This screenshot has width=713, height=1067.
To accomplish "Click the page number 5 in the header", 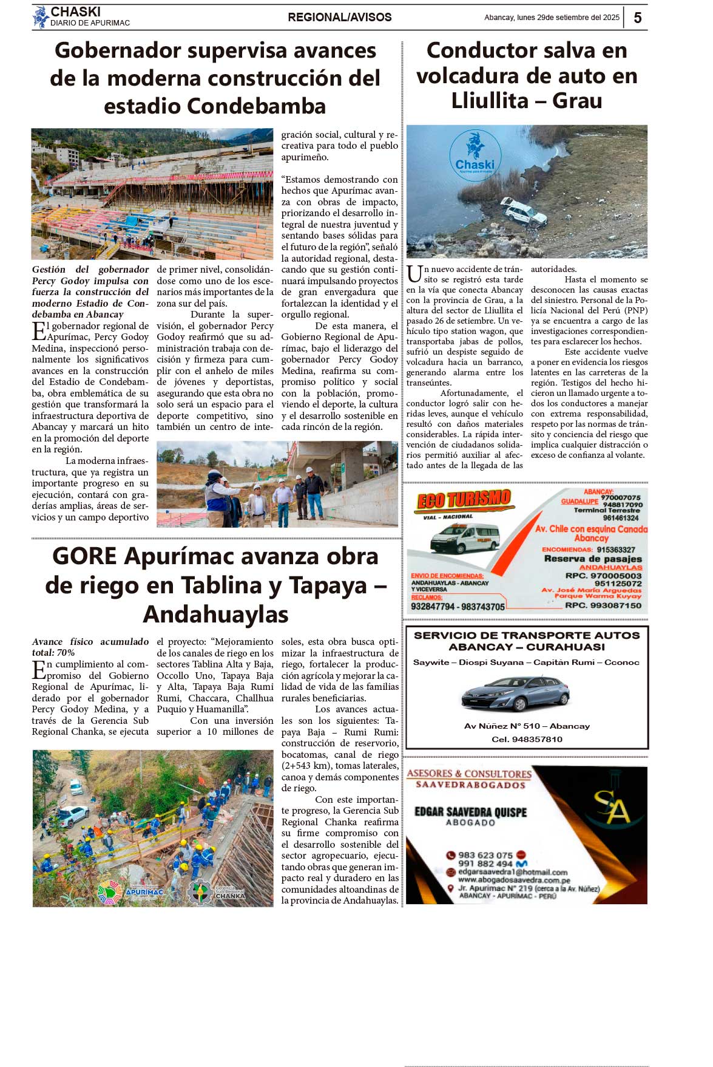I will point(637,18).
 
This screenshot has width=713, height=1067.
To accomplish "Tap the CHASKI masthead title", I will point(75,12).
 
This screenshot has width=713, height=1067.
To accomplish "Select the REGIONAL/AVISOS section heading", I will point(339,18).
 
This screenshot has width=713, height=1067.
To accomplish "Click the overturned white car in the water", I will point(523,213).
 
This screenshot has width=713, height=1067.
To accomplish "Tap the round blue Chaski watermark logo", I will point(475,154).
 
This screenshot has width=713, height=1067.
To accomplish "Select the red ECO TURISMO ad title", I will point(464,500).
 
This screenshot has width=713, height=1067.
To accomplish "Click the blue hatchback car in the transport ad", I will point(515,693).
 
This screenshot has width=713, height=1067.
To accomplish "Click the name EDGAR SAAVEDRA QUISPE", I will point(470,812).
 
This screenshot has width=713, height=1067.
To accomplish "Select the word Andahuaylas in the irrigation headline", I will point(215,614).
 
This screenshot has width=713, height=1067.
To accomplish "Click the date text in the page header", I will point(552,18).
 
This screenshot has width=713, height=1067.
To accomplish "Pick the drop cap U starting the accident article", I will point(414,274).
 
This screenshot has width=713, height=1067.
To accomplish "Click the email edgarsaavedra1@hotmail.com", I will point(513,872).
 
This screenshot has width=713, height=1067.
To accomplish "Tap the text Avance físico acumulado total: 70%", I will point(90,647).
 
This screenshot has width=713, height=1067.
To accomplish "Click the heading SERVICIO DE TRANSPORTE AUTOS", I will point(527,635).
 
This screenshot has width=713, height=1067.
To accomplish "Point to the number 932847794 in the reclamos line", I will point(433,607).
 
